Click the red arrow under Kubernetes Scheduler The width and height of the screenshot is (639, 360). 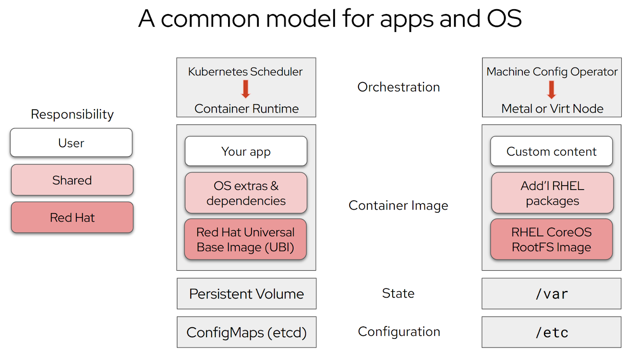(246, 89)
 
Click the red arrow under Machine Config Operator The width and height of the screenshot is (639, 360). (552, 89)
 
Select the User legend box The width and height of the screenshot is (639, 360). (71, 143)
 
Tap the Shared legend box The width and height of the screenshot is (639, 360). (72, 180)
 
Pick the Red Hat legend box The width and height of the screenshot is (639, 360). (72, 218)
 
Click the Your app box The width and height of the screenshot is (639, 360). (246, 151)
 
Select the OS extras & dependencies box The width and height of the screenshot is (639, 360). (246, 193)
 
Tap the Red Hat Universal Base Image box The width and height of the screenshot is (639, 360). (246, 239)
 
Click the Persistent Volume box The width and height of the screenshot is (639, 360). (246, 294)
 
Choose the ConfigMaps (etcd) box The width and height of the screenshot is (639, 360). (246, 332)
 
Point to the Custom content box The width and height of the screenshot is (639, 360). (552, 151)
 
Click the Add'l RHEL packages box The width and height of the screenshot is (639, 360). (552, 193)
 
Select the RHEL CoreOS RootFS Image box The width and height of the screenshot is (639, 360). (552, 239)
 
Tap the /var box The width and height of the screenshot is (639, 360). (552, 294)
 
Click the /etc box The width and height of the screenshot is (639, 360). (552, 332)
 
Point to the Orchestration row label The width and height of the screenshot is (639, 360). (399, 87)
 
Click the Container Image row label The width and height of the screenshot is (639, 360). (398, 206)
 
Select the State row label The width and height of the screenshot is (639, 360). (398, 293)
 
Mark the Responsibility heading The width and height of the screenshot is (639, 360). (72, 115)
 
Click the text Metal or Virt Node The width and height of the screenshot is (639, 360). (552, 109)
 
